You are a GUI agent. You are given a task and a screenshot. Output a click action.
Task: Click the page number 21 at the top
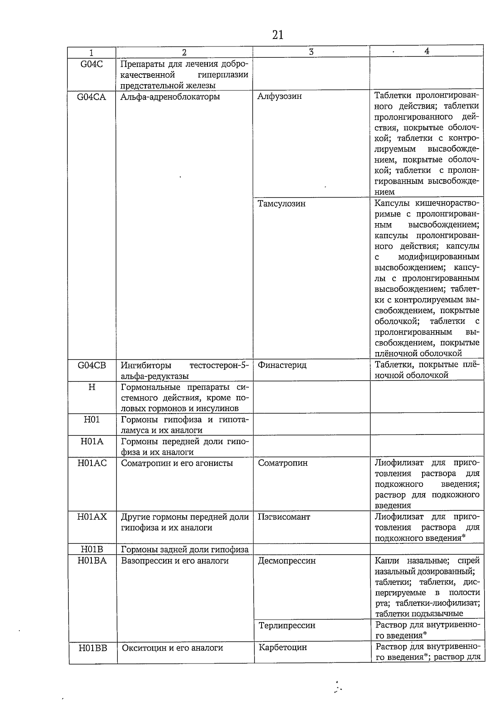(277, 35)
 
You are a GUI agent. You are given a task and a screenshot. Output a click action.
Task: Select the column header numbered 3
(311, 52)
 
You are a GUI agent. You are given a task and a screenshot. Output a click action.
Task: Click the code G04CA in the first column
(92, 97)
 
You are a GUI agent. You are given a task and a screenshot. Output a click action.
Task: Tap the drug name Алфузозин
(280, 96)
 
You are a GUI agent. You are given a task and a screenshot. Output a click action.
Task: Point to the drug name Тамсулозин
(282, 204)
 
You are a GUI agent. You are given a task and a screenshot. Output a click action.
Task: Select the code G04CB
(92, 365)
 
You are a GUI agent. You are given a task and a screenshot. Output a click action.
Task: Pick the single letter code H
(92, 387)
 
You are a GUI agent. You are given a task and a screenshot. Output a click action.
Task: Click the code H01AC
(92, 463)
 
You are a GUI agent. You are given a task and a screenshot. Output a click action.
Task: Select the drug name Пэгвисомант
(284, 517)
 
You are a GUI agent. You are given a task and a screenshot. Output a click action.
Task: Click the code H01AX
(92, 517)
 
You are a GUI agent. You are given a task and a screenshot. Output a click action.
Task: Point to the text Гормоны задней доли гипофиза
(185, 550)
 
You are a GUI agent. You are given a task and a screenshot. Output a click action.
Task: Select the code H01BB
(93, 648)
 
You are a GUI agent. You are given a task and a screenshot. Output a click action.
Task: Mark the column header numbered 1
(91, 53)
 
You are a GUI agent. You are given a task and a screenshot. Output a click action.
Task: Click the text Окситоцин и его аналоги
(172, 648)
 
